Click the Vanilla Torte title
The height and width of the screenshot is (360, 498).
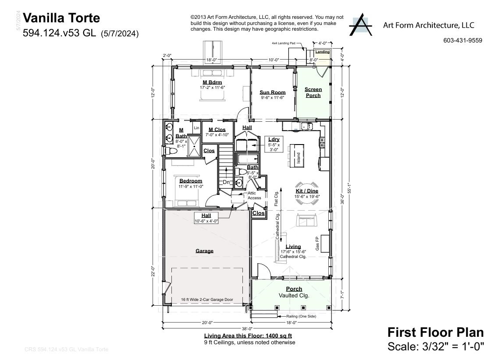(x=61, y=18)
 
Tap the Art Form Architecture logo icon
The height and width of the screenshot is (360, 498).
(x=360, y=25)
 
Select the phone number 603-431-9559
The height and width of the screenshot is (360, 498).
(x=462, y=40)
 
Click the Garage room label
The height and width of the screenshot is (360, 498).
(x=204, y=251)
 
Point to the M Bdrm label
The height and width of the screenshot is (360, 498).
(x=212, y=82)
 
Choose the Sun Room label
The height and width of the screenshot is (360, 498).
(x=272, y=92)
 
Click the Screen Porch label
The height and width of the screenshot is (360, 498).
(x=313, y=92)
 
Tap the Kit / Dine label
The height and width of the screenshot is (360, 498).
(x=306, y=191)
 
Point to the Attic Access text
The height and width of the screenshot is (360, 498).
(x=254, y=195)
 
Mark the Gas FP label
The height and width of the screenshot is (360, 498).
(x=317, y=243)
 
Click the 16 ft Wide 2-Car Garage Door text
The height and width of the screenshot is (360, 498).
(x=207, y=300)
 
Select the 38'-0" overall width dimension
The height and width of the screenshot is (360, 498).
(x=247, y=328)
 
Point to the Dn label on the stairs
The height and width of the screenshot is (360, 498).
(x=226, y=182)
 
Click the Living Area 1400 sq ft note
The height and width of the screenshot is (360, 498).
(x=248, y=336)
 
